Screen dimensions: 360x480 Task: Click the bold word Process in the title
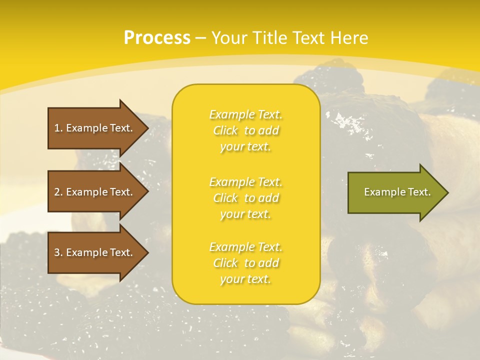[157, 38]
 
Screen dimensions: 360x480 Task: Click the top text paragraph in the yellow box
[245, 130]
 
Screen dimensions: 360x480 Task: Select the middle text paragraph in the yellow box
[245, 198]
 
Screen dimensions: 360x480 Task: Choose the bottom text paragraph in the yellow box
[245, 263]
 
